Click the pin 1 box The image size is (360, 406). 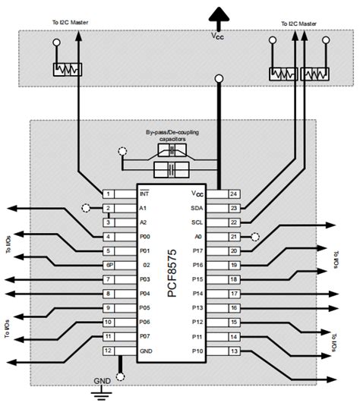109,194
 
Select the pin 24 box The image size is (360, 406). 234,194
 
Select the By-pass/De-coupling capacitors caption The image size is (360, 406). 172,136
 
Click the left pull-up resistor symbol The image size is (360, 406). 66,71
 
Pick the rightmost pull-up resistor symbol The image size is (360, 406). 314,74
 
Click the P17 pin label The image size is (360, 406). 199,250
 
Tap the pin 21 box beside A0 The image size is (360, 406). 234,236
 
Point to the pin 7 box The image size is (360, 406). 109,279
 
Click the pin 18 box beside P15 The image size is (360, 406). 234,279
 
